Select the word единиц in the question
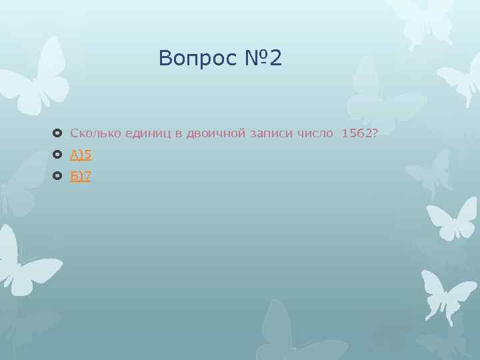(148, 133)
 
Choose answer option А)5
(81, 155)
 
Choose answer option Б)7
(81, 176)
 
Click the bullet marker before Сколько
(57, 133)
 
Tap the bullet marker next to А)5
(57, 155)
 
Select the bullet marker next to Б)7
(57, 176)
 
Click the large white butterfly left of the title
(37, 77)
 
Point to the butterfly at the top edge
(420, 17)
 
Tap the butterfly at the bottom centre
(287, 333)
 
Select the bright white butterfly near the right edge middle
(453, 217)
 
